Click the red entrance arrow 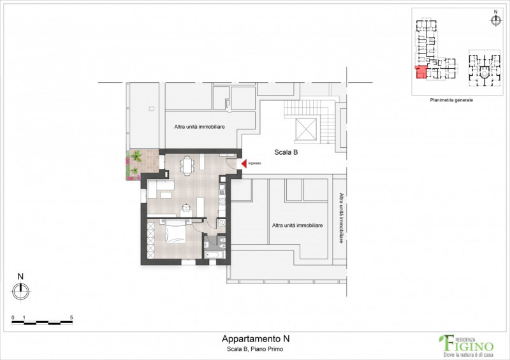244,164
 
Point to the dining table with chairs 187,166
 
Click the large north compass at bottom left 21,291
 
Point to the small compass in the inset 495,20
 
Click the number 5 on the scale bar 71,317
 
